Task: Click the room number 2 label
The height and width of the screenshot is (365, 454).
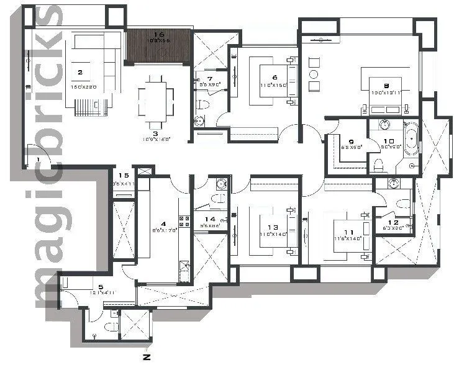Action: coord(79,72)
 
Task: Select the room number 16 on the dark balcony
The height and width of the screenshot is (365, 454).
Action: coord(158,35)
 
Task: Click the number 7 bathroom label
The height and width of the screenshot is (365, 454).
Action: coord(210,79)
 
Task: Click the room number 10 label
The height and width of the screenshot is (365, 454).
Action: coord(389,141)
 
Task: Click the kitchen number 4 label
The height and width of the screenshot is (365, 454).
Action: coord(164,223)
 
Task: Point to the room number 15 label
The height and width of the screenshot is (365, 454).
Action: coord(123,176)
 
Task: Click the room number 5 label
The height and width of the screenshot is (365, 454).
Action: coord(101,287)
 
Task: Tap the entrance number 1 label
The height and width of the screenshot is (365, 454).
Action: coord(39,160)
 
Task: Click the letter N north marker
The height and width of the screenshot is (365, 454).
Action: coord(147,357)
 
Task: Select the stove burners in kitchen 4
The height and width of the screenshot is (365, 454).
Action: coord(184,220)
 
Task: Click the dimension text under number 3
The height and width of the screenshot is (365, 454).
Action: coord(155,140)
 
